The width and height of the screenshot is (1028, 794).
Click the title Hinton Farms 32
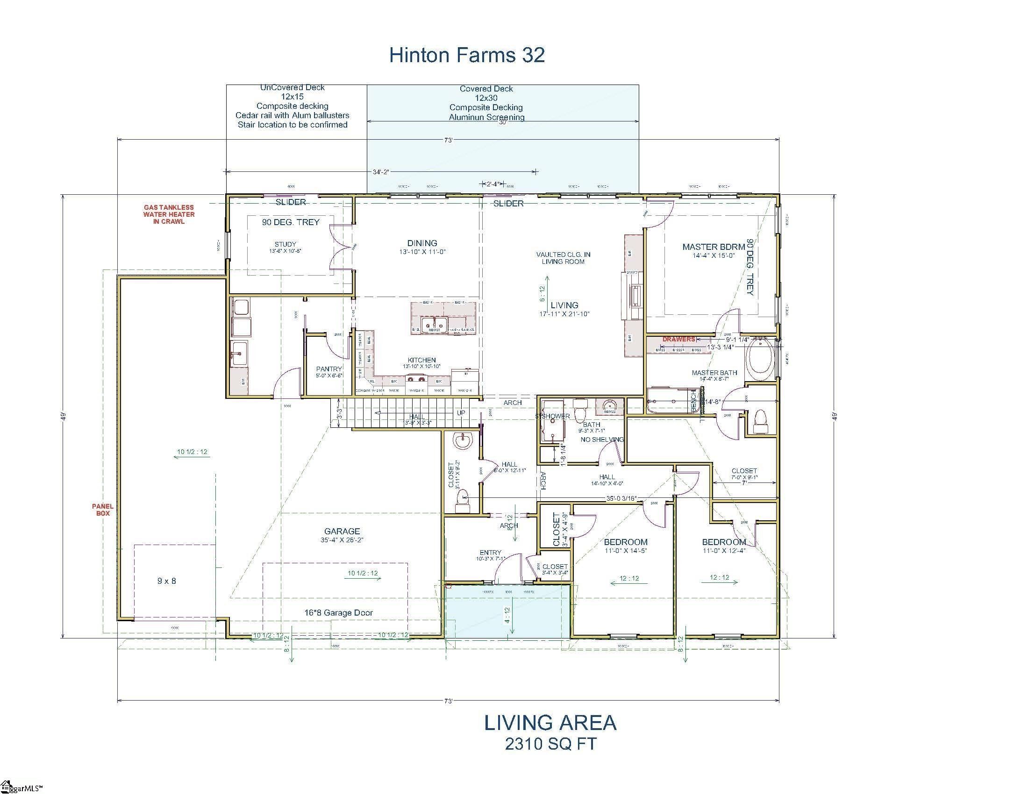(466, 55)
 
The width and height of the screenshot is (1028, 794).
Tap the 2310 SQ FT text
(550, 744)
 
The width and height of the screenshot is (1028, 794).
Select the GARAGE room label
(342, 531)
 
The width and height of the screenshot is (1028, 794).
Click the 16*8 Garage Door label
(338, 612)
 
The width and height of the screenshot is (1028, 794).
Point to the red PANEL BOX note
(103, 510)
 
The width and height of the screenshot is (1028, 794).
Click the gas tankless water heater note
(169, 214)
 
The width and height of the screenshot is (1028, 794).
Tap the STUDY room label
(285, 244)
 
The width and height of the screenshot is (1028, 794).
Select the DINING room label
(422, 243)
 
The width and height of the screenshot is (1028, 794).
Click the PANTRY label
(328, 369)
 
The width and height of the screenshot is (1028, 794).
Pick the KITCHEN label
(421, 360)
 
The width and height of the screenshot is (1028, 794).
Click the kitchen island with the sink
(443, 319)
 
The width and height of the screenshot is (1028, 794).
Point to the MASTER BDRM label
(713, 247)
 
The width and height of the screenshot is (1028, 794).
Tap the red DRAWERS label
(678, 339)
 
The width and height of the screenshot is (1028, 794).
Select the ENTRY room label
(491, 552)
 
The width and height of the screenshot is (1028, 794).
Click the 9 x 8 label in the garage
(167, 581)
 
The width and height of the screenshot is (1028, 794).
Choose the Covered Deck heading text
(486, 89)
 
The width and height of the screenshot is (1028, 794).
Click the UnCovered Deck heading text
(293, 87)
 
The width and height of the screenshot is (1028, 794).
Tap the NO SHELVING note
(602, 440)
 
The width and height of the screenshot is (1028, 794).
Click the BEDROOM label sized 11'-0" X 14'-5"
(626, 542)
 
